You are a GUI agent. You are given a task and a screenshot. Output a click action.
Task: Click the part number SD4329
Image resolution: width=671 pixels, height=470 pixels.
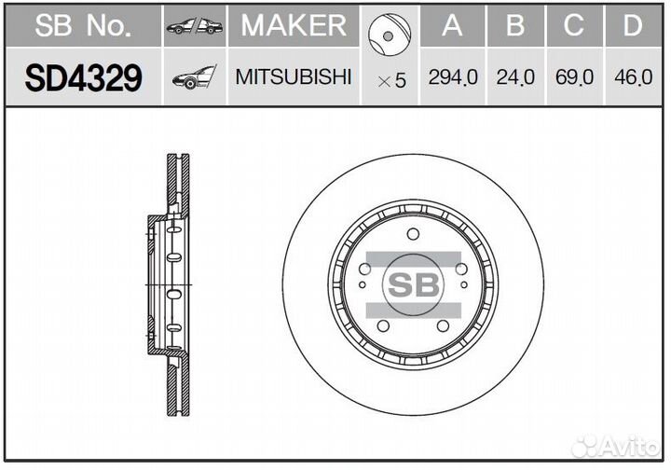pyautogui.click(x=83, y=78)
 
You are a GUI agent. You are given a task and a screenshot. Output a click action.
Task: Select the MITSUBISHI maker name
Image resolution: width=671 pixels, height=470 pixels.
pyautogui.click(x=294, y=76)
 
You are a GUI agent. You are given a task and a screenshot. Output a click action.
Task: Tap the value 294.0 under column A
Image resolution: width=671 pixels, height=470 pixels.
pyautogui.click(x=452, y=77)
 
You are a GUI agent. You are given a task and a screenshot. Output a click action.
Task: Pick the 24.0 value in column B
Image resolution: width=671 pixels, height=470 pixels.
pyautogui.click(x=514, y=77)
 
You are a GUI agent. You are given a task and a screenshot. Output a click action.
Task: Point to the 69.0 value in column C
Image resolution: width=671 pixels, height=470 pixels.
pyautogui.click(x=574, y=77)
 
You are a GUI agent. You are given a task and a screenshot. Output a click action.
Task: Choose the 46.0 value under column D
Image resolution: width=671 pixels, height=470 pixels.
pyautogui.click(x=634, y=77)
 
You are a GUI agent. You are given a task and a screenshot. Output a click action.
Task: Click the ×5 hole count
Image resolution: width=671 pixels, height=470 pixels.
pyautogui.click(x=391, y=80)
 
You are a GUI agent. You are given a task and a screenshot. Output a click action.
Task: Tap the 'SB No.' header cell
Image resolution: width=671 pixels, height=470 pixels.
pyautogui.click(x=83, y=26)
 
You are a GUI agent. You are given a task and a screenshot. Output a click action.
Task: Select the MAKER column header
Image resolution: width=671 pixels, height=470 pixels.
pyautogui.click(x=294, y=25)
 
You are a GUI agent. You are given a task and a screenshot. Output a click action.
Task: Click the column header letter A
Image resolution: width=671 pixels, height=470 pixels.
pyautogui.click(x=452, y=26)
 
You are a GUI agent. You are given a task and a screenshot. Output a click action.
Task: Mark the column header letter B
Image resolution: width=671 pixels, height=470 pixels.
pyautogui.click(x=514, y=26)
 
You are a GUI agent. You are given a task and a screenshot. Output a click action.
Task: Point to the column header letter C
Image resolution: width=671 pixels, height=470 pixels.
pyautogui.click(x=574, y=26)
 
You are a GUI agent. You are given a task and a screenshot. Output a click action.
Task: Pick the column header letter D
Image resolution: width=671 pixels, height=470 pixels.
pyautogui.click(x=634, y=26)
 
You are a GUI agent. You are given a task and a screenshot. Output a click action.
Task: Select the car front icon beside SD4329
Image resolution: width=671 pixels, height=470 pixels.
pyautogui.click(x=194, y=78)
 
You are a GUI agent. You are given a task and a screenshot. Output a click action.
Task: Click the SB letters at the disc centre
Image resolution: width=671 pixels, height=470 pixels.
pyautogui.click(x=412, y=286)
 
